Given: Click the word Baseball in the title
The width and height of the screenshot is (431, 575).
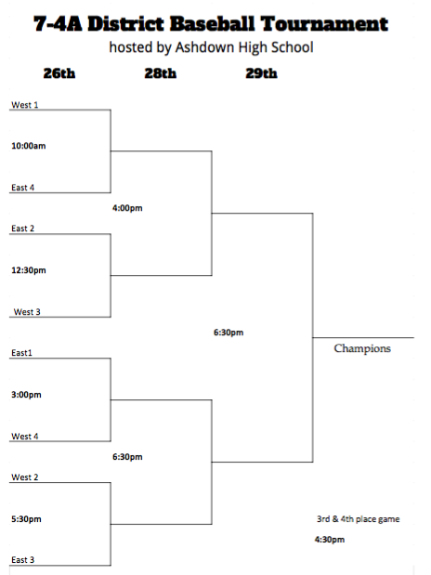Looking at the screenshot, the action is [x=212, y=24].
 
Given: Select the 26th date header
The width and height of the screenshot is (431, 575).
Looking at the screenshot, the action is [x=59, y=73].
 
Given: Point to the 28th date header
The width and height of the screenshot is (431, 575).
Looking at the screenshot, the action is [x=161, y=73].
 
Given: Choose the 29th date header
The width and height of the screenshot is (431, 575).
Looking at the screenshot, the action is [x=262, y=73].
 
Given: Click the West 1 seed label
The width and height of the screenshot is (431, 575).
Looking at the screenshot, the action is [x=25, y=105].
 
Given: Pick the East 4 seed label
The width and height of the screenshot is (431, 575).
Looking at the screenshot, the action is [x=22, y=188].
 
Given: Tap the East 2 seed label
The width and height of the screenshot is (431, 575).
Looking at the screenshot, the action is [x=22, y=229].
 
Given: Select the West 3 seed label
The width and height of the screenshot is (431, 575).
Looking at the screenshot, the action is [x=27, y=312].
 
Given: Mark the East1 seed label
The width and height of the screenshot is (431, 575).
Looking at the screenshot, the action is [x=21, y=353].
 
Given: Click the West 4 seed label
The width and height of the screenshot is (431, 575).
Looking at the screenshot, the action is [x=25, y=437].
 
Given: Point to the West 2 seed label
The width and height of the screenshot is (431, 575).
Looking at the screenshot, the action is [x=25, y=477].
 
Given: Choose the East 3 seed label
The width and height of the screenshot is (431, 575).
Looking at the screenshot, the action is [x=22, y=560].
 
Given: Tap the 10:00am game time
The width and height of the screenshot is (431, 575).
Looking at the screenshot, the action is [x=29, y=146].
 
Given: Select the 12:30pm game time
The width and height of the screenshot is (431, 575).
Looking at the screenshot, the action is [x=29, y=270].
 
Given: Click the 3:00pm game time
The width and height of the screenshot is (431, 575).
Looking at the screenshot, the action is [x=26, y=395].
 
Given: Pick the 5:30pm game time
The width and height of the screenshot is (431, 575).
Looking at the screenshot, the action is [x=26, y=519].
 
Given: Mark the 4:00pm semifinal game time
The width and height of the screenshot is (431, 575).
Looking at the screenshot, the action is [x=127, y=208].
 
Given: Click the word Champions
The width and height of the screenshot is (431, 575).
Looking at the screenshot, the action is [x=362, y=348].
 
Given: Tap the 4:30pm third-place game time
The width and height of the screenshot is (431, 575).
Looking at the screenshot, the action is [x=330, y=540].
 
